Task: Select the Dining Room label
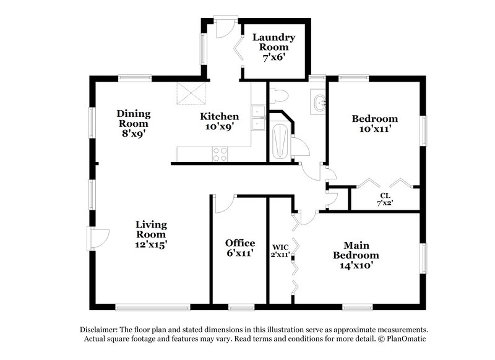(x=134, y=122)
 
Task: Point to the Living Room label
(x=152, y=234)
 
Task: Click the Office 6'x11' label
(x=240, y=247)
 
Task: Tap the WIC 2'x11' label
(x=280, y=251)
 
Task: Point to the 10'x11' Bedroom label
(x=374, y=124)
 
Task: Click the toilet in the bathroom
(x=278, y=96)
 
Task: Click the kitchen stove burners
(x=220, y=154)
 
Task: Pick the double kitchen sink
(x=259, y=117)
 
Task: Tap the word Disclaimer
(x=100, y=330)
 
